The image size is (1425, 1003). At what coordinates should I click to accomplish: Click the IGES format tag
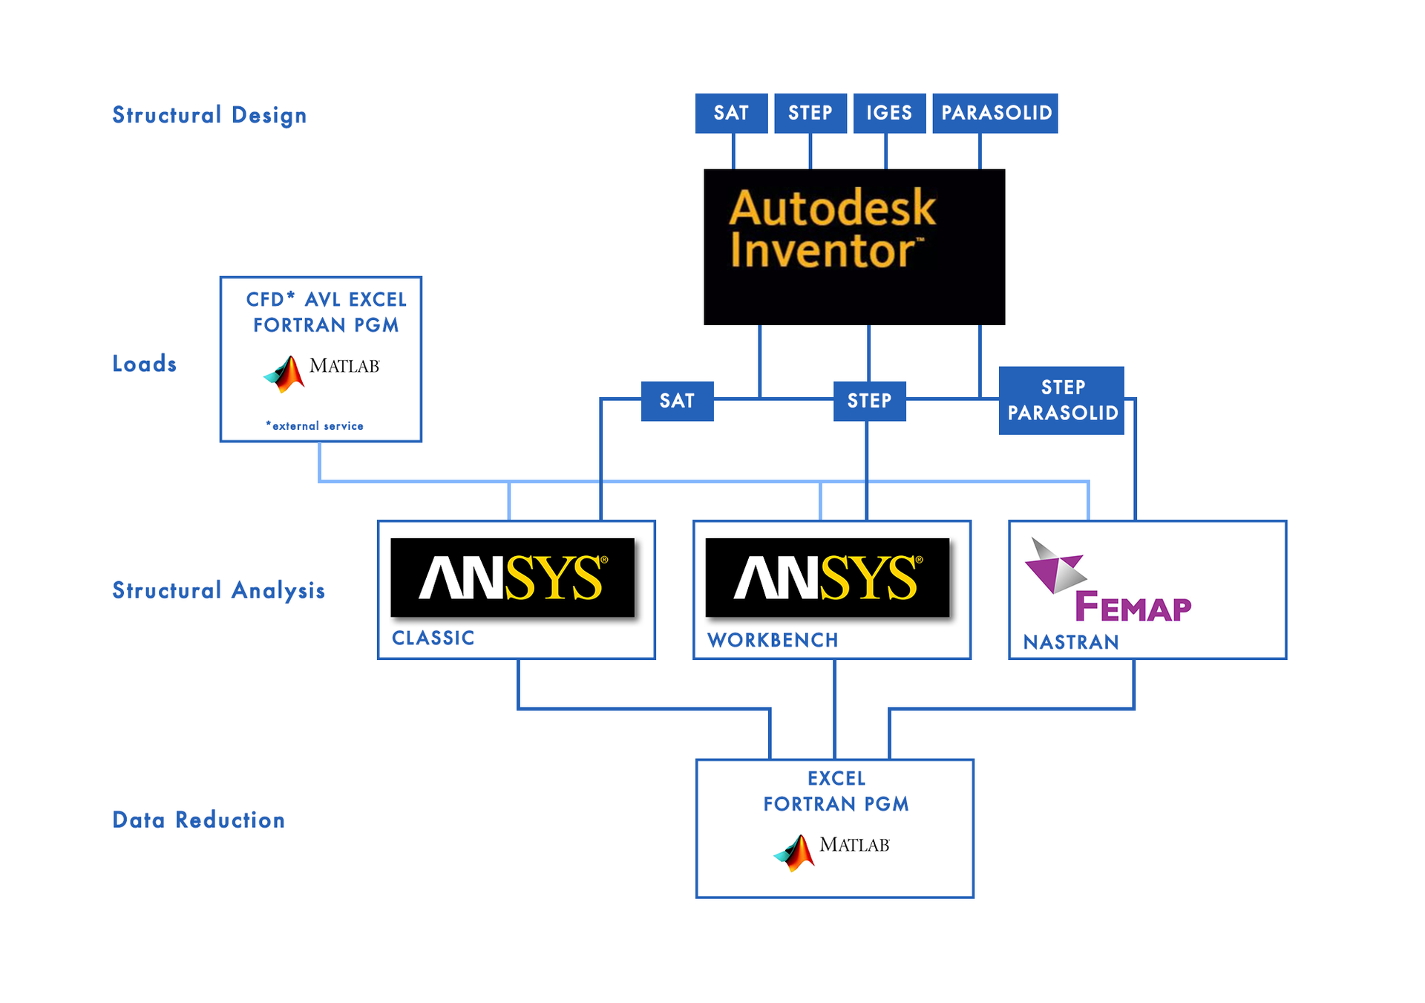(889, 113)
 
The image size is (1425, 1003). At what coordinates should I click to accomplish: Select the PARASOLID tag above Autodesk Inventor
(995, 113)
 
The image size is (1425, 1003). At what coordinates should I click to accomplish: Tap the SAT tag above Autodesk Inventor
(731, 113)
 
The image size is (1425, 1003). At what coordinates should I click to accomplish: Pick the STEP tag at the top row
(810, 113)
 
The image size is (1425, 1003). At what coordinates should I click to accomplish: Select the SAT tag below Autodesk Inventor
(677, 401)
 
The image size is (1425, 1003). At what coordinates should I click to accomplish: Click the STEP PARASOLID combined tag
(1062, 400)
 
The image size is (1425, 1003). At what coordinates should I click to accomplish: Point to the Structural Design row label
(209, 115)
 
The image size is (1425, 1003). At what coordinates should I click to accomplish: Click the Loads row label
(145, 364)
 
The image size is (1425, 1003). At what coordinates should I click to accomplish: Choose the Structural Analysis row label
(219, 590)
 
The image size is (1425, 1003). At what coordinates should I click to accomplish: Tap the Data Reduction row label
(199, 820)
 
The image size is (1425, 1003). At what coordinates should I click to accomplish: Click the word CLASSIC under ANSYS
(433, 638)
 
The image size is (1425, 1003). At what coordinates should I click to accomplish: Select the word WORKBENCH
(773, 640)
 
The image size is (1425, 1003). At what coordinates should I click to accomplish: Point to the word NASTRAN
(1071, 642)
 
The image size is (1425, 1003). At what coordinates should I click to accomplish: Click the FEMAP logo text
(1133, 607)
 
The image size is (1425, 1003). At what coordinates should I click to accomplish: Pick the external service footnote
(315, 426)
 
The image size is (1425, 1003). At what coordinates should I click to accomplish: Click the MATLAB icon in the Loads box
(285, 373)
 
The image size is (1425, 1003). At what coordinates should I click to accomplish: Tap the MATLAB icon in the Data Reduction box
(795, 852)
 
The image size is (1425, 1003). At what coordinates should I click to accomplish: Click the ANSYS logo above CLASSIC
(513, 578)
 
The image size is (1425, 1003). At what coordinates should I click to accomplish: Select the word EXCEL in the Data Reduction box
(836, 779)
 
